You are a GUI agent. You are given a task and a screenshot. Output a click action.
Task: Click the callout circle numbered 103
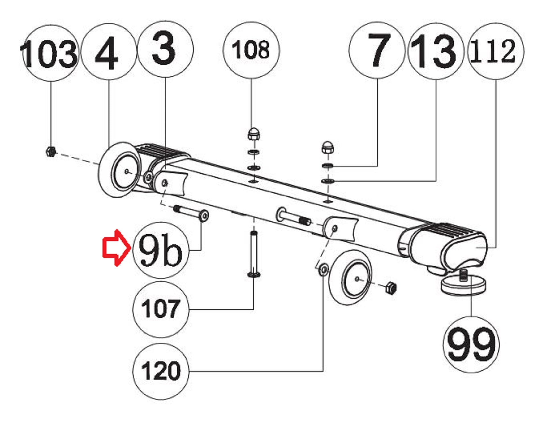[x=51, y=53]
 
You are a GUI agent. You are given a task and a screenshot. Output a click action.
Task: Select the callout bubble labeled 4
[x=109, y=52]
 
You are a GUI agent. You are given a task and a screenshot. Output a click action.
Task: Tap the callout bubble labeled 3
[x=165, y=49]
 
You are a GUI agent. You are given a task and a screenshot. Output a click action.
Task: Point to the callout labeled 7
[x=377, y=50]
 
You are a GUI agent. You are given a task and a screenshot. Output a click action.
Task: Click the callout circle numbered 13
[x=436, y=51]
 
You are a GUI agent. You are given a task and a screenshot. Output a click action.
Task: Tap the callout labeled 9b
[x=161, y=250]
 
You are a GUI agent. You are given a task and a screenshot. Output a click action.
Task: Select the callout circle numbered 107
[x=161, y=309]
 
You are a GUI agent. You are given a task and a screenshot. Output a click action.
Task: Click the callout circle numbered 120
[x=161, y=371]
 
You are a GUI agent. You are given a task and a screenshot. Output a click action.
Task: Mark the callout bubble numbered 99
[x=471, y=344]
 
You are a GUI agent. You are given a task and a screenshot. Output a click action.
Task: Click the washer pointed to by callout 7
[x=328, y=165]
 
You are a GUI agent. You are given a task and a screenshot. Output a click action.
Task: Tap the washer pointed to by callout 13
[x=328, y=181]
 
